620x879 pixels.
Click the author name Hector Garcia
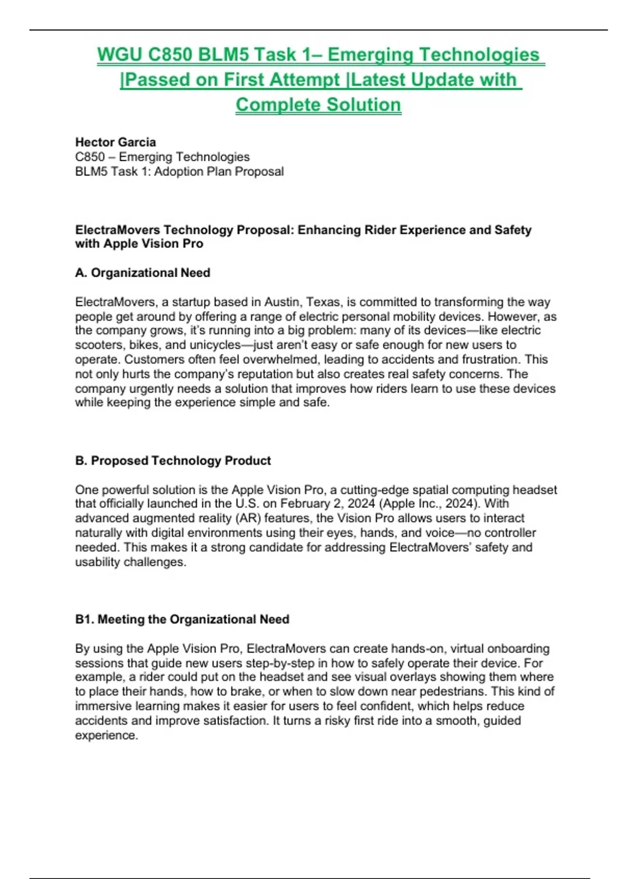click(115, 142)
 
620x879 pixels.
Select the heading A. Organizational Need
click(143, 272)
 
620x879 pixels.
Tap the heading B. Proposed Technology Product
click(173, 460)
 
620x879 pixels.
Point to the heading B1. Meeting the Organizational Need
click(182, 619)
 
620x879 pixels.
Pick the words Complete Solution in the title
click(318, 104)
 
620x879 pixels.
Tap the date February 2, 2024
click(328, 504)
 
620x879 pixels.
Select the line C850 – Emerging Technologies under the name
click(162, 157)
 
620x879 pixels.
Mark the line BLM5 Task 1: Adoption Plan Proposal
click(179, 171)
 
